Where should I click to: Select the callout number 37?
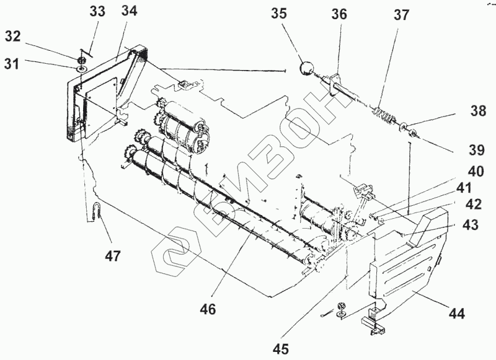[401, 15]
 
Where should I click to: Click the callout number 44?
[456, 314]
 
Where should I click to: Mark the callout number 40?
[477, 172]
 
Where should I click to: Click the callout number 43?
[470, 226]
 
